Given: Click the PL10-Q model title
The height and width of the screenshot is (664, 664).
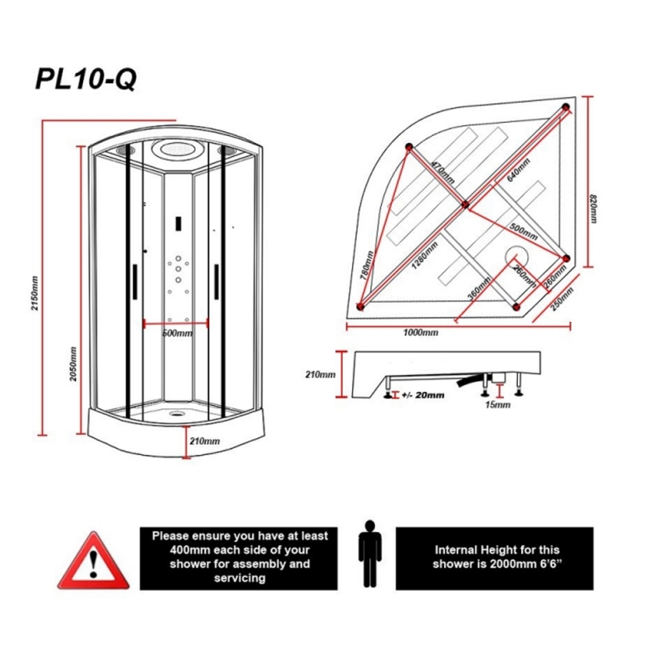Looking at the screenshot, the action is point(86,79).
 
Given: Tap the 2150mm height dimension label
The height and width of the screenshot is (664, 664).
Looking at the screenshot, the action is point(35,293).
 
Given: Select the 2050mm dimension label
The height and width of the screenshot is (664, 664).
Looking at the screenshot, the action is point(73,364).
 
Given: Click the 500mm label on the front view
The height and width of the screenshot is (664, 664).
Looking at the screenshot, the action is point(178,334).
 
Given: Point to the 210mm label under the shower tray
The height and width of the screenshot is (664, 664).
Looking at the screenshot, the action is point(204,442).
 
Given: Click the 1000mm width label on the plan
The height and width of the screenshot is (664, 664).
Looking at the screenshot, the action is point(421,333).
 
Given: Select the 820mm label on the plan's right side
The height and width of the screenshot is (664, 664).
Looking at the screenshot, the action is point(593,208).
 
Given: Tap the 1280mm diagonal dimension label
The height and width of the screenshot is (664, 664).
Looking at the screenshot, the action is point(425,256).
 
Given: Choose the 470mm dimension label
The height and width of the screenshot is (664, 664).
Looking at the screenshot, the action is point(443,173).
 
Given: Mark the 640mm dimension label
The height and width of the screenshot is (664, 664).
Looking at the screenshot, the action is point(518,170).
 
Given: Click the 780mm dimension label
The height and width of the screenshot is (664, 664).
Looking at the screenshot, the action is point(367,265).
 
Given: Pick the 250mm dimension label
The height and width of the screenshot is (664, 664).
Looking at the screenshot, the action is point(563,299).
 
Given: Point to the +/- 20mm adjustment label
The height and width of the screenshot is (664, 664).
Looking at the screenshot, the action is point(423,395).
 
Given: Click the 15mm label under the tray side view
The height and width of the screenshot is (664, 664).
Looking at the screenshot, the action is point(497,405).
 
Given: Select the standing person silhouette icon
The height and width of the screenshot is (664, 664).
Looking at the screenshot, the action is point(369,554).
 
